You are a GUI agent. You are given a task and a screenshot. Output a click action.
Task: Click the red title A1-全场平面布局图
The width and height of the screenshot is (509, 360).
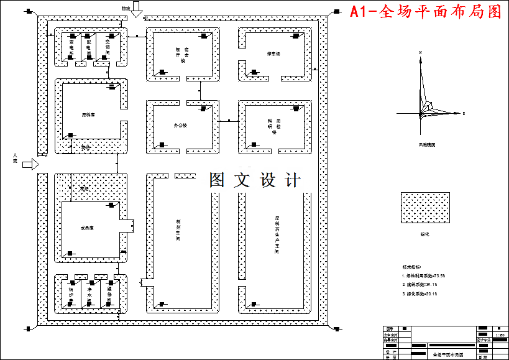coord(425,11)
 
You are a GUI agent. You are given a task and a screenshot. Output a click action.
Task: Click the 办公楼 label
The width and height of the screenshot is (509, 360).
coord(180,126)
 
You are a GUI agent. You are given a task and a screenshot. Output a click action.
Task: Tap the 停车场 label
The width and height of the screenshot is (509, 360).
coord(273,55)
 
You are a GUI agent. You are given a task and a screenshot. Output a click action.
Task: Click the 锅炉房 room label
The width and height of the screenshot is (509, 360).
coord(71,295)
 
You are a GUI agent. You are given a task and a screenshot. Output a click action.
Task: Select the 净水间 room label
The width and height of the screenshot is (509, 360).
coord(89,295)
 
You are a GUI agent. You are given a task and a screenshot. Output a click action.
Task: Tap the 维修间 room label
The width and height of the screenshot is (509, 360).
coord(108,295)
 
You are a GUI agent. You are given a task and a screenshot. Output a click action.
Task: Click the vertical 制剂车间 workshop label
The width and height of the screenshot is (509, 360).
coord(178,229)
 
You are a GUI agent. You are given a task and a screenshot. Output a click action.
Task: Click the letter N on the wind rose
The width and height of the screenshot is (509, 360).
coord(421,52)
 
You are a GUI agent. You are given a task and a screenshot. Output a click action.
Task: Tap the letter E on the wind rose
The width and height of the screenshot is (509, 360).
coord(464,114)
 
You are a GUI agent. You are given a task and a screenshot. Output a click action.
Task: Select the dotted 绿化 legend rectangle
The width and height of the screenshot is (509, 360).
coord(425,208)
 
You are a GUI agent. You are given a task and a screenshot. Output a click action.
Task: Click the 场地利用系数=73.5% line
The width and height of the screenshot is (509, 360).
coord(425,275)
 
